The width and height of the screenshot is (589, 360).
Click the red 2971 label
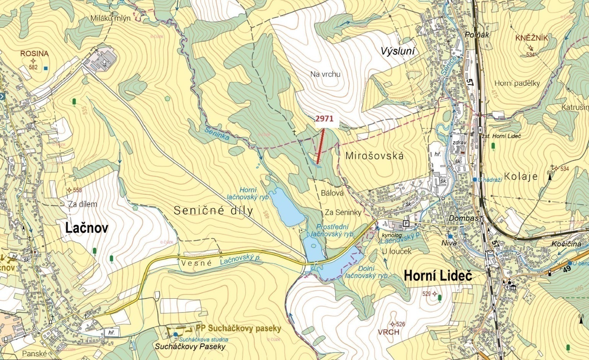tap(324, 119)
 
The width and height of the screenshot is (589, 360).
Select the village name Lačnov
tap(86, 228)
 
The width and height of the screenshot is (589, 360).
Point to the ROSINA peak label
tap(34, 54)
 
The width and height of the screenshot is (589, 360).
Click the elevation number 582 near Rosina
tap(33, 67)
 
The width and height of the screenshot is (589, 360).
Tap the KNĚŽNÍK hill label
tap(532, 38)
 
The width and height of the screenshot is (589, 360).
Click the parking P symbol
tap(406, 223)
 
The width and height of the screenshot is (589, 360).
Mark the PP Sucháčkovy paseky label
tap(238, 329)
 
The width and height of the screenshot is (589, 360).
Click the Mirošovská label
tap(374, 156)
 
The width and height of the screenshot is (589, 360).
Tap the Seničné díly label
tap(213, 210)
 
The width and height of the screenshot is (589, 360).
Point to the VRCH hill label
tap(388, 332)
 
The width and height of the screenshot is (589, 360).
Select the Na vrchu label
tap(325, 74)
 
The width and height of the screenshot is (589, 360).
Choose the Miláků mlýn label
tap(111, 18)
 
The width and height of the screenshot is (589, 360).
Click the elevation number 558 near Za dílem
tap(77, 190)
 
